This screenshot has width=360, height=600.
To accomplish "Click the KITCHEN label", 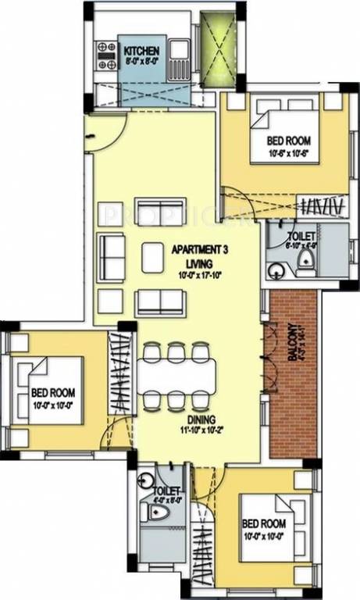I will [142, 49].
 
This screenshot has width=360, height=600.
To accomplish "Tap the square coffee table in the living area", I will [152, 257].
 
